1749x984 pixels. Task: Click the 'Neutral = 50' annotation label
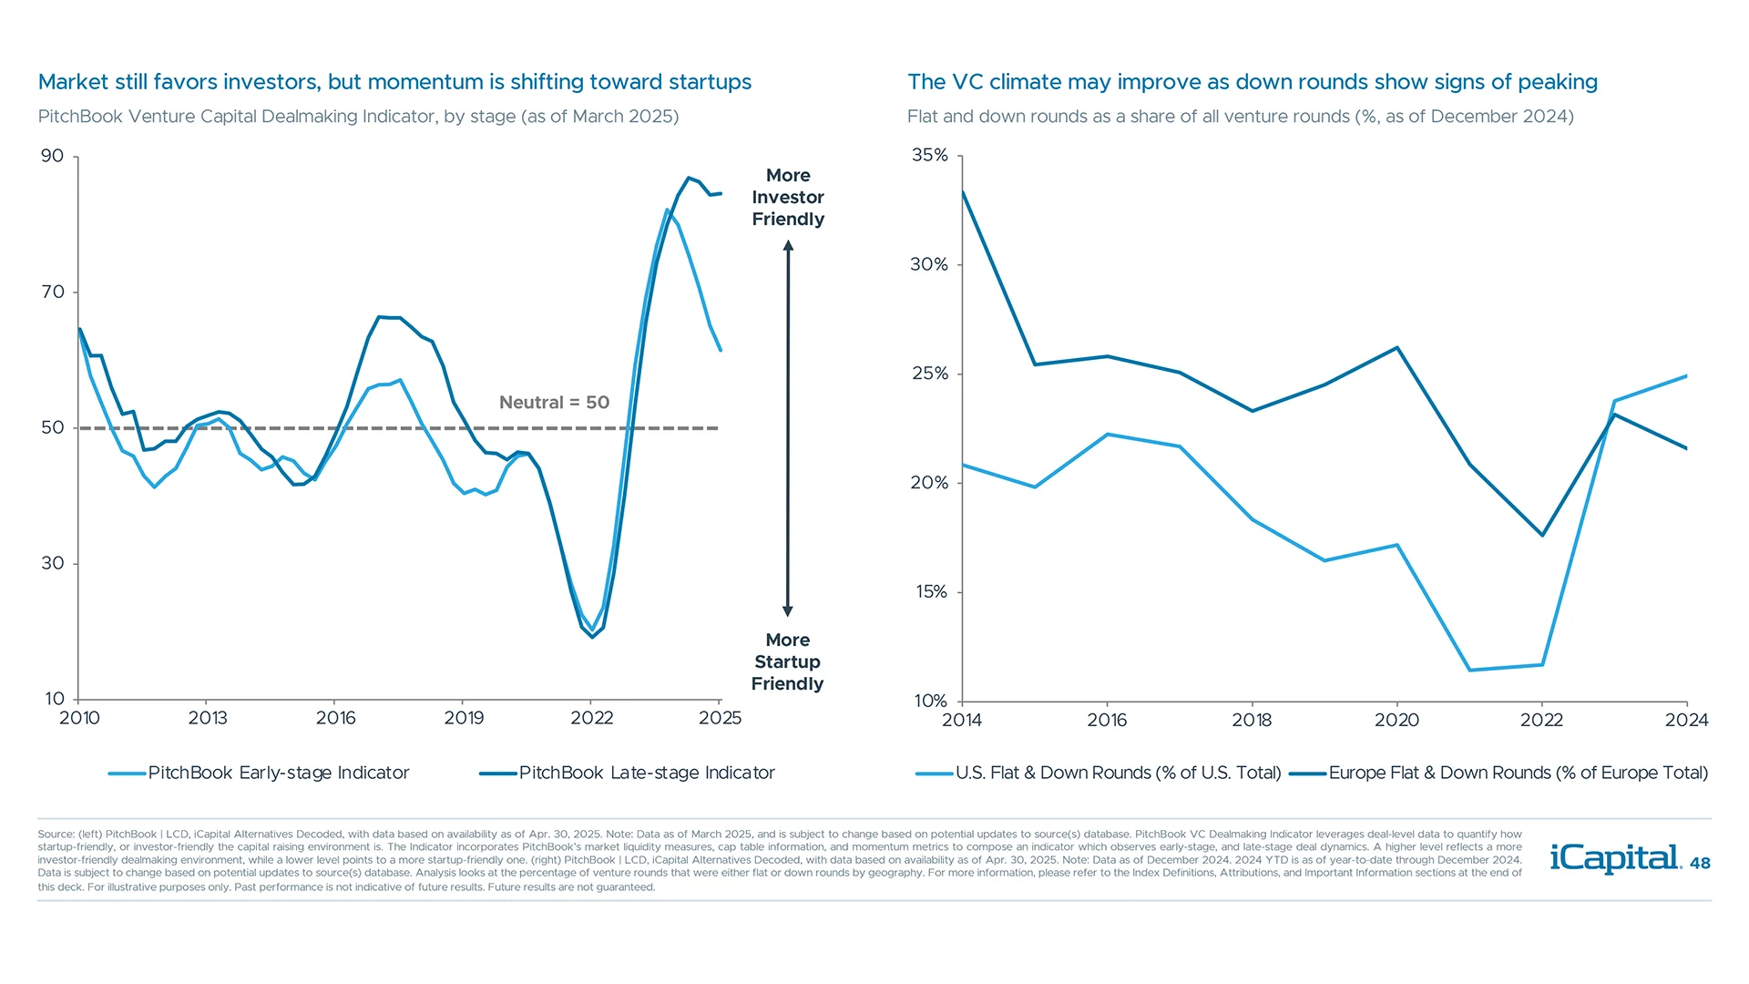coord(554,403)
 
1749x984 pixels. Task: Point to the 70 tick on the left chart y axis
coord(53,292)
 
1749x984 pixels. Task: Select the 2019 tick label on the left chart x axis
coord(464,718)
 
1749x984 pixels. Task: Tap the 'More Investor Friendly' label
coord(788,198)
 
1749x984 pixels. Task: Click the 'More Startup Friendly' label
coord(788,662)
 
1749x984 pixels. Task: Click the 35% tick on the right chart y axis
coord(930,156)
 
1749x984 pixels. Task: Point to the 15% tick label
coord(931,592)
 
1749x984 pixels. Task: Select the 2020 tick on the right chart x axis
coord(1396,720)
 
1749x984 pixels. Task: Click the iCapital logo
coord(1614,859)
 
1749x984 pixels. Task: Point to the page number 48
coord(1700,864)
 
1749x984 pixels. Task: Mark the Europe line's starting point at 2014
coord(963,191)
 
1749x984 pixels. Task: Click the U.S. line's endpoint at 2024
coord(1686,376)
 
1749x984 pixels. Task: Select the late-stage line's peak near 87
coord(689,178)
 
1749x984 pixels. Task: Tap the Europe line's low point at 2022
coord(1542,535)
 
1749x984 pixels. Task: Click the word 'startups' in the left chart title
coord(710,83)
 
